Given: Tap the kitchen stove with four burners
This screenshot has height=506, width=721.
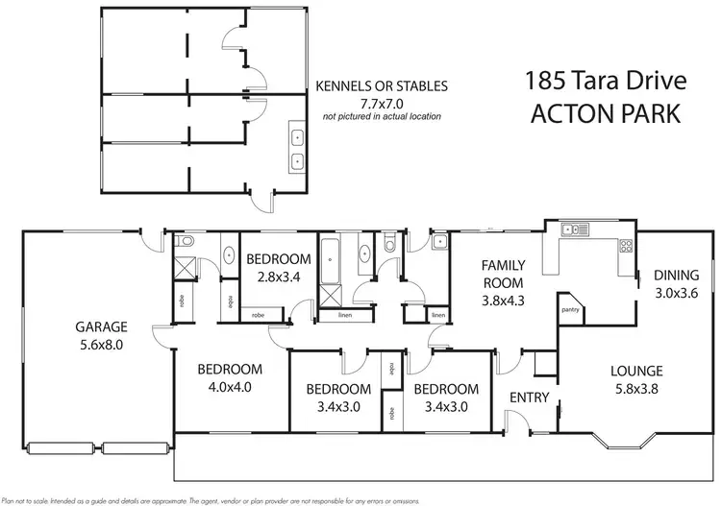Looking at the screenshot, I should tap(625, 246).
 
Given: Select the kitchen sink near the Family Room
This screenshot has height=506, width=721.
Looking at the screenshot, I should tap(575, 229).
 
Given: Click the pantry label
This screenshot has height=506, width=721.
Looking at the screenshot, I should tap(569, 309).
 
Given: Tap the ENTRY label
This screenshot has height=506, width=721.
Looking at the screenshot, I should tap(529, 398).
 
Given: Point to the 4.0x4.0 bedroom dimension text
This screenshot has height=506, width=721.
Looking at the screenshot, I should tap(230, 388).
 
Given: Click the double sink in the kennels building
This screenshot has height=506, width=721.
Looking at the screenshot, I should tap(298, 149).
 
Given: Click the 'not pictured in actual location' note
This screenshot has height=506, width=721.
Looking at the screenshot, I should tap(382, 116).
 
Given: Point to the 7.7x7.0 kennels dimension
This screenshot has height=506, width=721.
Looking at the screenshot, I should tap(382, 102).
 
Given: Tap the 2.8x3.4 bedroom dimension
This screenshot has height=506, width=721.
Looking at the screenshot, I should tap(279, 277).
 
